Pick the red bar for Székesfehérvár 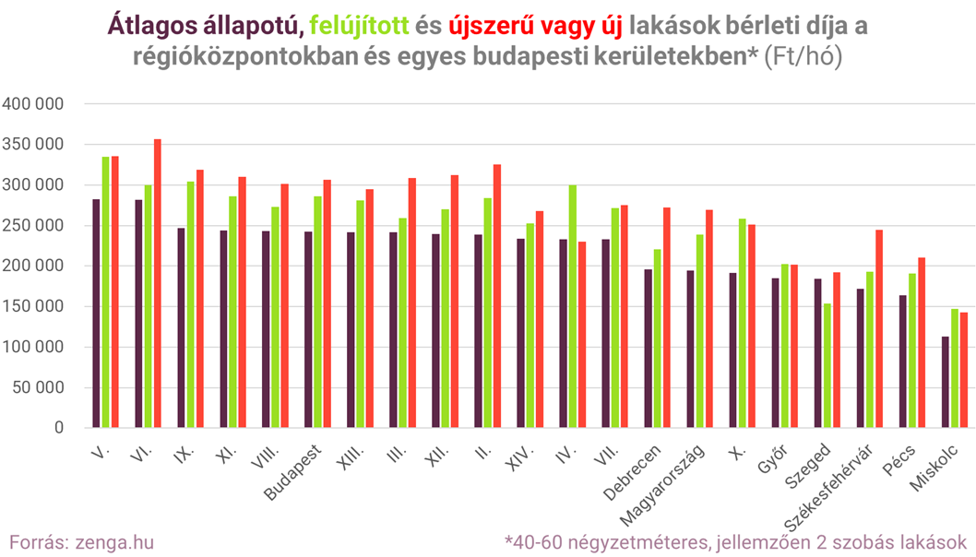[879, 328]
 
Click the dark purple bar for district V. [96, 313]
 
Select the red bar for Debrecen [667, 317]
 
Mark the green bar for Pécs [912, 350]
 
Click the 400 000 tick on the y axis [33, 104]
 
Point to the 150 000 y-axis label [33, 307]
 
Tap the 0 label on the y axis [58, 429]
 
